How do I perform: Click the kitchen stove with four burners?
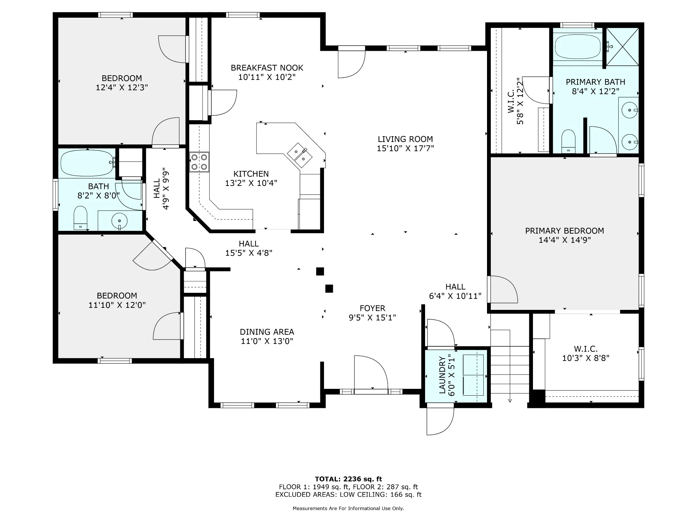(x=199, y=162)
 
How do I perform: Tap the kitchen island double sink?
(x=300, y=155)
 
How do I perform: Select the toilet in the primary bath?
(x=568, y=141)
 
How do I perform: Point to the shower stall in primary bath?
(x=622, y=47)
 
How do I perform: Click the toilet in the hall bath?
(x=81, y=218)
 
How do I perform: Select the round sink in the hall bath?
(x=119, y=221)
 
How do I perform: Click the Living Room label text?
(x=405, y=139)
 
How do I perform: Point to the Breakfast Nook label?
(x=267, y=68)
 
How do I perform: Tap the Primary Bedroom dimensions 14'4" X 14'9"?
(x=565, y=240)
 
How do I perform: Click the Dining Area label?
(x=267, y=332)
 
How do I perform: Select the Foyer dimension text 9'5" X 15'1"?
(x=372, y=317)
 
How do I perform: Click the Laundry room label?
(x=442, y=375)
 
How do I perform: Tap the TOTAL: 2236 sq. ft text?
(x=348, y=479)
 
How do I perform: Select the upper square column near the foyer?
(x=320, y=271)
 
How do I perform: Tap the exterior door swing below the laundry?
(x=440, y=421)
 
